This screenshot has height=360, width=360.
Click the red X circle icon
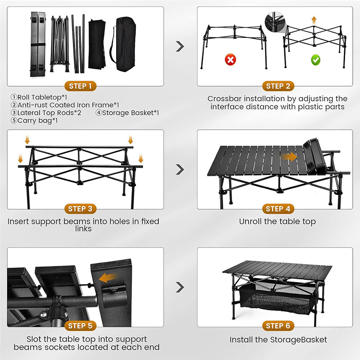[x=231, y=59]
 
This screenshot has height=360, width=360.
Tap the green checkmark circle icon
[x=315, y=59]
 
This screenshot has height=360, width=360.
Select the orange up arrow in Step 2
[x=314, y=20]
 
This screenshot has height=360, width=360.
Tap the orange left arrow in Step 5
[x=108, y=278]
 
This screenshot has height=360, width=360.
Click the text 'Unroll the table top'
[x=277, y=221]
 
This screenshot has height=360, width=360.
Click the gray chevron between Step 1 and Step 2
[x=180, y=46]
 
